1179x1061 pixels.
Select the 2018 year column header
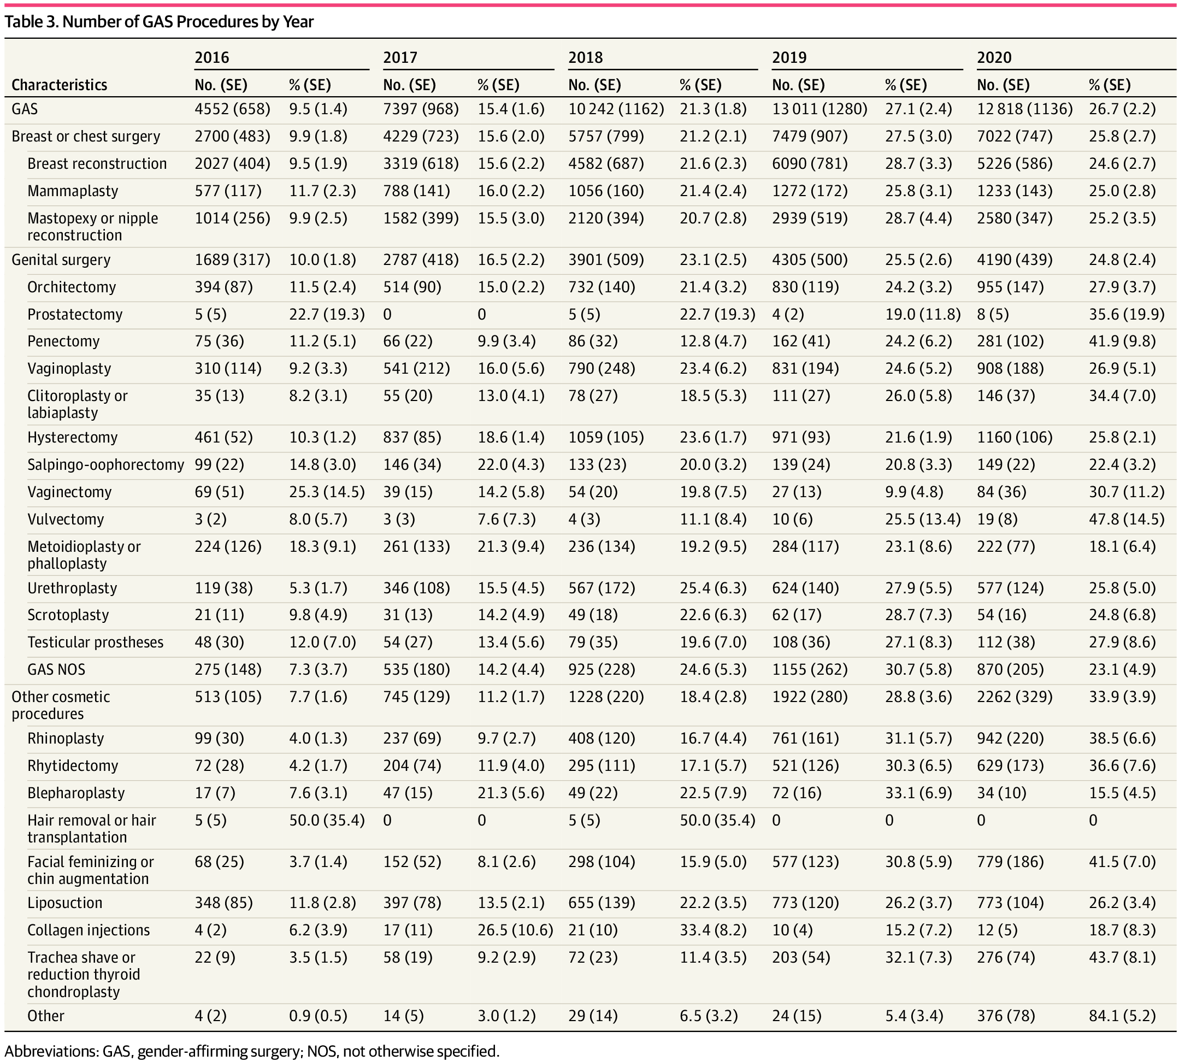pos(586,58)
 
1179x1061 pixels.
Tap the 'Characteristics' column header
pos(59,85)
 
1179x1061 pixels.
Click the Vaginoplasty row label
pos(69,368)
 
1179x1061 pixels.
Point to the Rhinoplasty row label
pos(66,738)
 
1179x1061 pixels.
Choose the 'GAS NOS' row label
pos(56,669)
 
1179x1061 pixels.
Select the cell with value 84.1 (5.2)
pos(1122,1016)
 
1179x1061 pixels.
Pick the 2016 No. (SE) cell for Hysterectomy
pos(224,437)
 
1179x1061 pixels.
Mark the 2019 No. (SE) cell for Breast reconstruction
pos(809,163)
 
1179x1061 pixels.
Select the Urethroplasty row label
pos(72,588)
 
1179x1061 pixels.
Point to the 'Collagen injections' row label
pos(88,930)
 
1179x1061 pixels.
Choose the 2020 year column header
pos(994,58)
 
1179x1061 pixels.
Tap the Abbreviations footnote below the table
pos(252,1051)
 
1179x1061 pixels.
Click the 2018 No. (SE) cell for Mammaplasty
pos(606,191)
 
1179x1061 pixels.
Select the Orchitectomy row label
pos(71,287)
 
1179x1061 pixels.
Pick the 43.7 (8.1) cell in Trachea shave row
pos(1122,957)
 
